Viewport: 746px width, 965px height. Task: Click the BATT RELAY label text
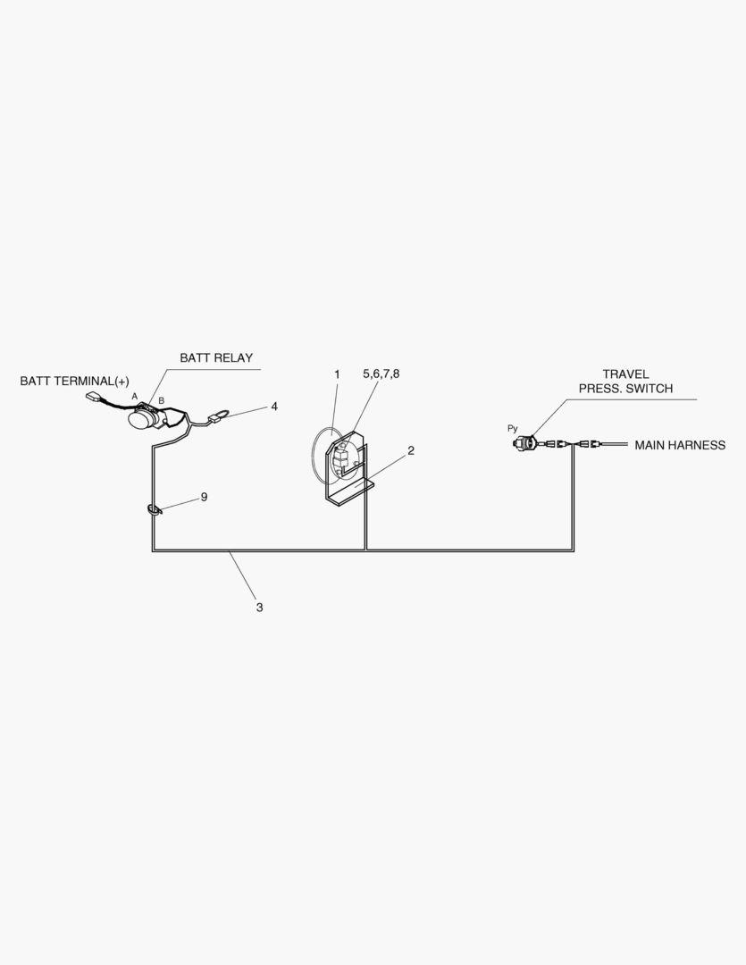click(216, 358)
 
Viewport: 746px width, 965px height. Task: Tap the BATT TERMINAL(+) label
click(74, 382)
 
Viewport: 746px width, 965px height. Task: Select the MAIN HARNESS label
click(680, 445)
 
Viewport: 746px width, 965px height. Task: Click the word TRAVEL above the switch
click(625, 374)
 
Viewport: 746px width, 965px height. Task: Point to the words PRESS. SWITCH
click(625, 389)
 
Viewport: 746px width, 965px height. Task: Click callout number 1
click(337, 374)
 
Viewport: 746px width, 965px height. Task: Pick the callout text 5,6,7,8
click(381, 373)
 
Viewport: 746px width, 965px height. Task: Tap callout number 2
click(411, 450)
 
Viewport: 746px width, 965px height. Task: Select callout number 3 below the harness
click(259, 608)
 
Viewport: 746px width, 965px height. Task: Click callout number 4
click(274, 407)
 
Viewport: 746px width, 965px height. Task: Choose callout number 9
click(204, 497)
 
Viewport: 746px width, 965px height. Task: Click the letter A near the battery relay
click(135, 395)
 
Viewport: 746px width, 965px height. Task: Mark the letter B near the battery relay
click(161, 400)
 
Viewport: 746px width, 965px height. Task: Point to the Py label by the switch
click(512, 429)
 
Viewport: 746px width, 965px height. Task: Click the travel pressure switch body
click(529, 441)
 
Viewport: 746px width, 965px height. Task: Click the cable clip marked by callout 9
click(154, 511)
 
